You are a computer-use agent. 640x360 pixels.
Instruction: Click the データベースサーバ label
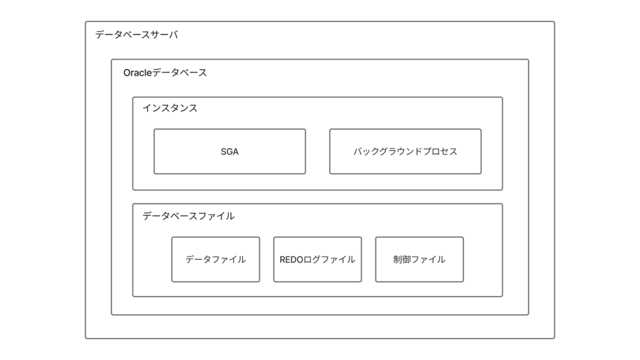click(137, 35)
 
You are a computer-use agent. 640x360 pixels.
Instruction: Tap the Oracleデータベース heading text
click(165, 73)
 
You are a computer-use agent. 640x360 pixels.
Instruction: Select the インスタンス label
click(170, 108)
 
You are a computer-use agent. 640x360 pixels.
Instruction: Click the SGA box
click(230, 151)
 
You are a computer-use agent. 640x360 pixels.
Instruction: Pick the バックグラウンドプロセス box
click(405, 151)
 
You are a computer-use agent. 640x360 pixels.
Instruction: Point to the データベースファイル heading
click(189, 217)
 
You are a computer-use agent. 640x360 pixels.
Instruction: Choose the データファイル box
click(215, 259)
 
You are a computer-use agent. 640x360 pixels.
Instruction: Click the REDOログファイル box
click(317, 259)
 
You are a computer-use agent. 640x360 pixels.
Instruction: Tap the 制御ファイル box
click(419, 259)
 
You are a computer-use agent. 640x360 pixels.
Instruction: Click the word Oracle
click(138, 73)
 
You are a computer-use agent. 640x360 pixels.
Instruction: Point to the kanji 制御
click(402, 259)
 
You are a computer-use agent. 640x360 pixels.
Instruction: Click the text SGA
click(230, 151)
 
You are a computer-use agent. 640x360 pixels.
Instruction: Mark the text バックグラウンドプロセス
click(405, 151)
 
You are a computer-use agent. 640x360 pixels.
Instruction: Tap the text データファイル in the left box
click(215, 259)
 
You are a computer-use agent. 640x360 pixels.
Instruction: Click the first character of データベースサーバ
click(100, 35)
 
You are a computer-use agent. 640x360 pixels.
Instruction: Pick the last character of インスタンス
click(193, 108)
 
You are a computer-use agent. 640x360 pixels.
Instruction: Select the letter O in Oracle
click(127, 73)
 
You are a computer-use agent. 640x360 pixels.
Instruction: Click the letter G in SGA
click(229, 151)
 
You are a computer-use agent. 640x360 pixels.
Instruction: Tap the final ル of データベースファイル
click(230, 217)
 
